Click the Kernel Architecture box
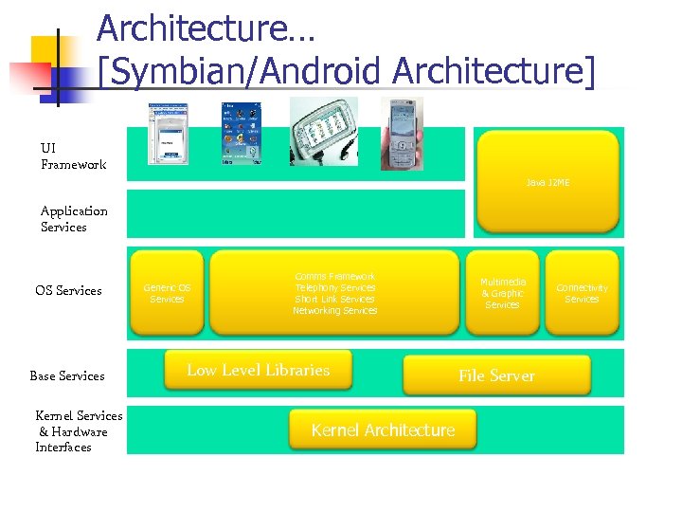383,430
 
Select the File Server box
496,375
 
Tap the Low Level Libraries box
258,370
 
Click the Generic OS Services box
167,293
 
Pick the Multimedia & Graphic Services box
502,293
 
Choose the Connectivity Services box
582,293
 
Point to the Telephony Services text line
335,287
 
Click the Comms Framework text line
335,276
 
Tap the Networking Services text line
335,310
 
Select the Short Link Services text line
335,299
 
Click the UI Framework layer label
73,156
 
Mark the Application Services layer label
74,219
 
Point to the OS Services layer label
68,290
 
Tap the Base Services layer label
67,375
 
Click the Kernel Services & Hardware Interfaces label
78,431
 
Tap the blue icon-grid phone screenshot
241,134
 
